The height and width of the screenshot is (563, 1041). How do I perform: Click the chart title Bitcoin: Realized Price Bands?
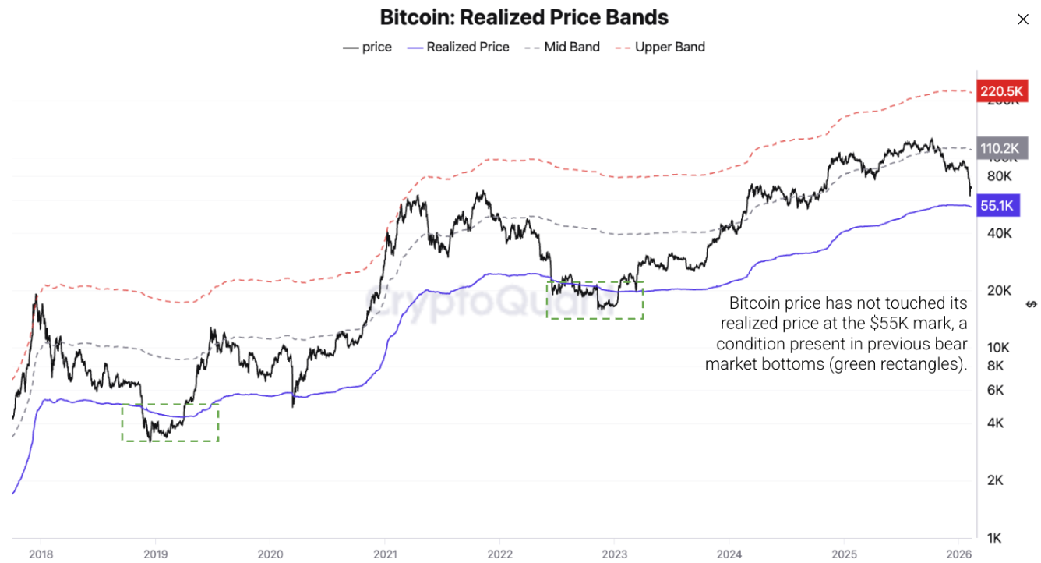click(524, 17)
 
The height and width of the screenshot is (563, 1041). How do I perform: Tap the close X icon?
click(1023, 19)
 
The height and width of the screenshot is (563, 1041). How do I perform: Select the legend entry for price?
click(368, 47)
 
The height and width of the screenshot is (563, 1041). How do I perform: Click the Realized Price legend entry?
click(458, 47)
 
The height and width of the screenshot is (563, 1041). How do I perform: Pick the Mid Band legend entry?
click(563, 47)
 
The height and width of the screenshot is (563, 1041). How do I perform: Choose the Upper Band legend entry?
click(661, 47)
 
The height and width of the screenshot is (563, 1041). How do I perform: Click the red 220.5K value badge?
click(997, 90)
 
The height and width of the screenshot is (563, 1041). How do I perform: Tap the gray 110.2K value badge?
click(997, 147)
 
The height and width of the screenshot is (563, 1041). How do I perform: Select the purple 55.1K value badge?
click(997, 206)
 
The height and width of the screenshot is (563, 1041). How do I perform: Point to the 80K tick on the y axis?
click(998, 176)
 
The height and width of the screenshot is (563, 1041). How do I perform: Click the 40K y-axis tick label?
click(998, 233)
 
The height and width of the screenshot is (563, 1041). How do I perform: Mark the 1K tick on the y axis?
click(994, 538)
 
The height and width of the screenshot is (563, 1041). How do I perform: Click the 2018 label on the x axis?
click(41, 554)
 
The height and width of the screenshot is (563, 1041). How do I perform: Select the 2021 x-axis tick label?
click(384, 554)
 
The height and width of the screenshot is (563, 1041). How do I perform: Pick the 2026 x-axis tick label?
click(957, 554)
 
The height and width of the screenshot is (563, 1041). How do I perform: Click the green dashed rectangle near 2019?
click(170, 422)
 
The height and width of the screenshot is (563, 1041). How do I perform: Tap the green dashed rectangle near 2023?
click(595, 300)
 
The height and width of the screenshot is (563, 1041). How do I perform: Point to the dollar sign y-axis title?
click(1030, 303)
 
